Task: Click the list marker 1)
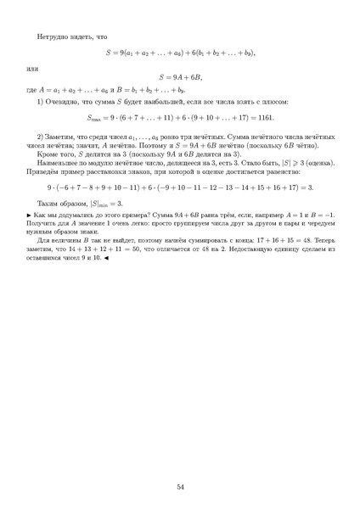pos(41,103)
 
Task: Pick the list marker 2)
pos(41,137)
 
